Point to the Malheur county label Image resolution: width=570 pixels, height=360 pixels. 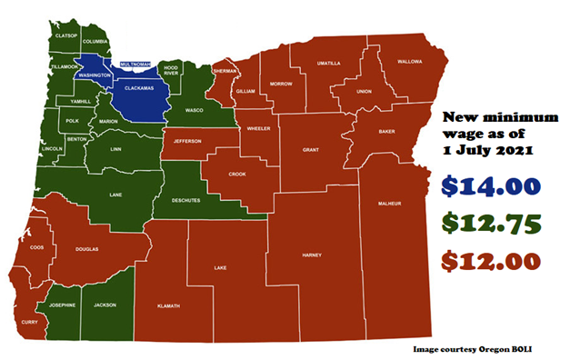pos(388,205)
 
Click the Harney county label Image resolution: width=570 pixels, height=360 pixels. pos(312,255)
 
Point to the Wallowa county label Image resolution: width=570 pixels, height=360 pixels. pos(410,62)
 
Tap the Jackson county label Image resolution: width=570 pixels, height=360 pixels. pos(105,305)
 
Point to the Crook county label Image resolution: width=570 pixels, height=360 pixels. pos(237,173)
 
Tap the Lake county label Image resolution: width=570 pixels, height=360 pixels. pos(220,268)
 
